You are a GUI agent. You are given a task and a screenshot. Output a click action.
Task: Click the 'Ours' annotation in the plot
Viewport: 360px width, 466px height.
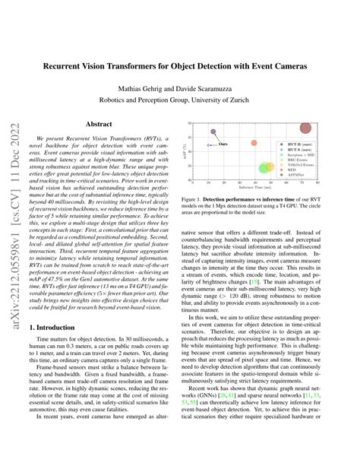point(224,143)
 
